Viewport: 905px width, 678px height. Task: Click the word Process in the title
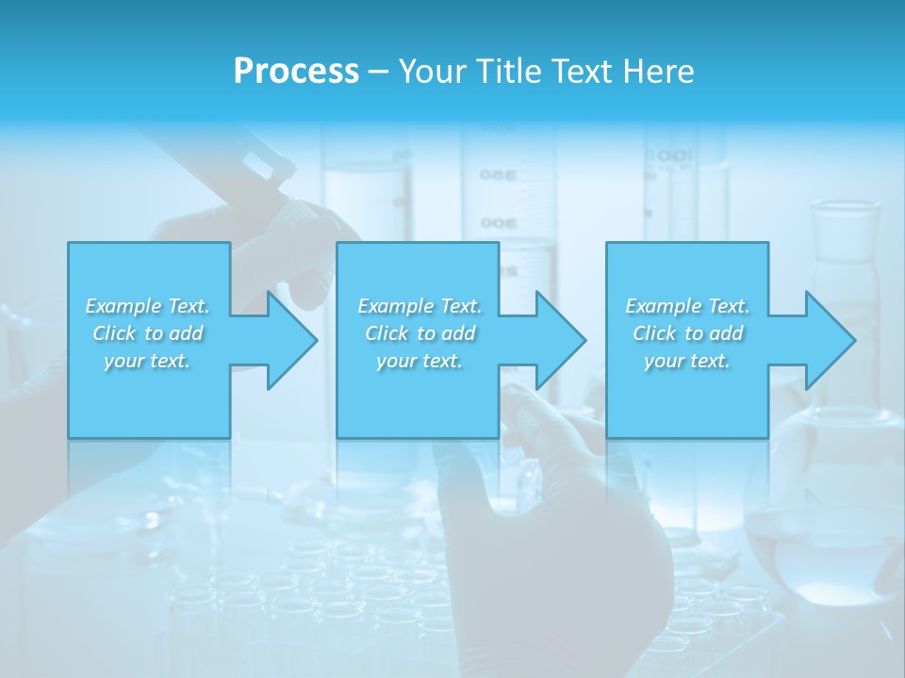click(x=296, y=72)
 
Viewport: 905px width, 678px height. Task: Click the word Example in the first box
click(x=123, y=306)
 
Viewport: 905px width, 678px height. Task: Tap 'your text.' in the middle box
click(x=420, y=361)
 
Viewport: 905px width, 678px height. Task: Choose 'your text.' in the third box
click(x=687, y=361)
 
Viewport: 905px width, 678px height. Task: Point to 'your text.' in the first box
click(x=147, y=361)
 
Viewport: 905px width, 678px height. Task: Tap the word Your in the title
click(x=430, y=72)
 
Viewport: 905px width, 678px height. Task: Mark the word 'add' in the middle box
click(x=457, y=333)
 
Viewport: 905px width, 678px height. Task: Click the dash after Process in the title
click(x=378, y=72)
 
